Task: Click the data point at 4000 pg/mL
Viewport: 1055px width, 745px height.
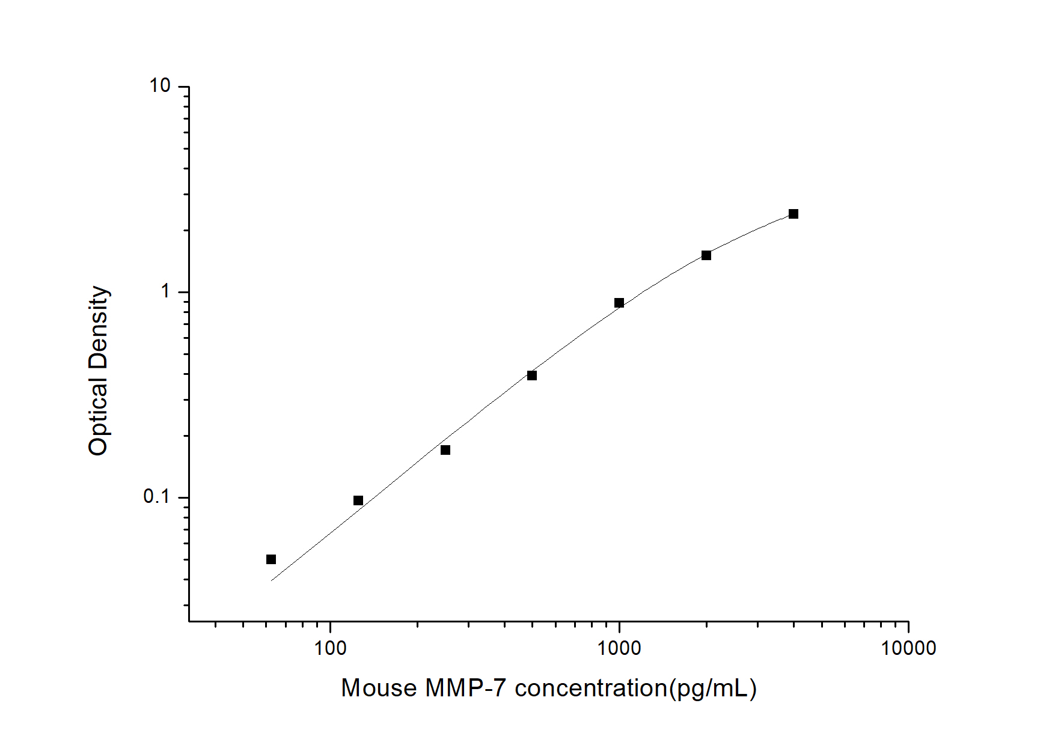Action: click(794, 214)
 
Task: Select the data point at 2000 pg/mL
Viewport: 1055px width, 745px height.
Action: click(706, 255)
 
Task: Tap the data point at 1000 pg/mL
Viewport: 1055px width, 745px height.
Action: click(619, 303)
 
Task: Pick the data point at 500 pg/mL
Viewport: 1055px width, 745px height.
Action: click(532, 376)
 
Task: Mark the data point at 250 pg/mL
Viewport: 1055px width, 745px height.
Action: click(445, 450)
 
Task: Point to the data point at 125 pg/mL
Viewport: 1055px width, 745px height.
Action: click(358, 500)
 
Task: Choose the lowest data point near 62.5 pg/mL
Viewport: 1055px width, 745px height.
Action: click(271, 559)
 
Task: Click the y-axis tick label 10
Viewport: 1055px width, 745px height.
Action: click(161, 86)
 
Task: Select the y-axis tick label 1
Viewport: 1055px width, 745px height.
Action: click(166, 291)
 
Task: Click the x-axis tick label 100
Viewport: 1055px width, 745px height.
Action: click(331, 648)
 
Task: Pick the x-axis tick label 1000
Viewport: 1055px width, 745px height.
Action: click(620, 648)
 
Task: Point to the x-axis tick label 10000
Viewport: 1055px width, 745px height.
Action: click(908, 648)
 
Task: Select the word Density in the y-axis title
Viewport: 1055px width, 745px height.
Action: click(98, 328)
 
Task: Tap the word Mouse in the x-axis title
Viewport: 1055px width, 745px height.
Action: click(379, 689)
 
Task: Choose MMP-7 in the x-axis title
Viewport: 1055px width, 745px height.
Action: click(465, 689)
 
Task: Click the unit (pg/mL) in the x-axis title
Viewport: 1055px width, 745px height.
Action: click(713, 689)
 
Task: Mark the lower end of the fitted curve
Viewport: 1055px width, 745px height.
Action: click(272, 580)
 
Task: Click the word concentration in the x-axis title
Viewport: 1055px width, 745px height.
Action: click(591, 689)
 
